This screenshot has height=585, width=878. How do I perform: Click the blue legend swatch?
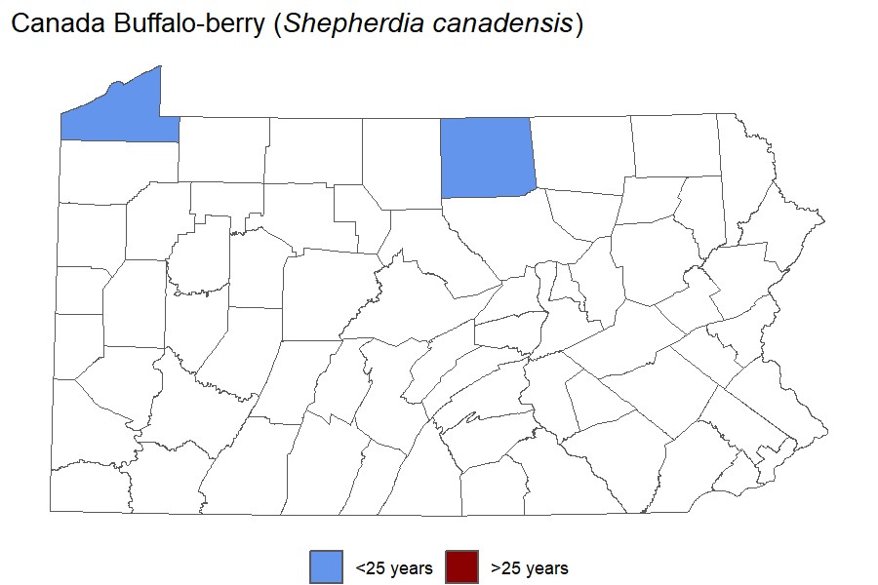point(326,566)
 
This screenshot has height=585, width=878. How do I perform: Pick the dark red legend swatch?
point(461,566)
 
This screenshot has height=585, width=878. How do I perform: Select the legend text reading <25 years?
point(393,567)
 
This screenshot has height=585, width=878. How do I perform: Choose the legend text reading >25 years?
point(529,567)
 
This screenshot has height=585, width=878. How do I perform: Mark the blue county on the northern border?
point(487,156)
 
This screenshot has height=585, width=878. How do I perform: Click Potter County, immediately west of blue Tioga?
point(401,161)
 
